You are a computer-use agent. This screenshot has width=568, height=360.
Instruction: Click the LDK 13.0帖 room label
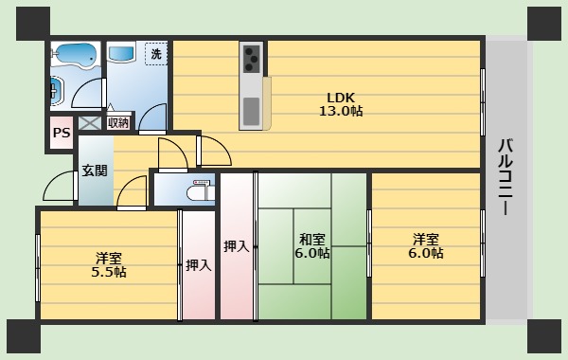click(x=340, y=103)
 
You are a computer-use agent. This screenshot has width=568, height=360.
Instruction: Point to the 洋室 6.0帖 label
click(x=426, y=245)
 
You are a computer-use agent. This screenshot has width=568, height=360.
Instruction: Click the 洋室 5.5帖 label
click(x=108, y=264)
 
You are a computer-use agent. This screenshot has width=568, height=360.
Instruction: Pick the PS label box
click(x=61, y=134)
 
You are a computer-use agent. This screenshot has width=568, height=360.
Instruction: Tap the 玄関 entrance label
click(x=94, y=171)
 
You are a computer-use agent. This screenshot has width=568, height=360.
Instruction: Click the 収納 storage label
click(x=117, y=122)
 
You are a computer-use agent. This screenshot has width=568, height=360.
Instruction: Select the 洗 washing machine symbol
click(x=155, y=54)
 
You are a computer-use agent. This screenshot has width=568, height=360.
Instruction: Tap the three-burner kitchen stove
click(x=252, y=59)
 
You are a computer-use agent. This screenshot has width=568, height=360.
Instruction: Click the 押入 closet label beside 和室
click(x=236, y=246)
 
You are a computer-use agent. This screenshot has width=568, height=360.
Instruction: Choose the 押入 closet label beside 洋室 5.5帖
click(x=198, y=265)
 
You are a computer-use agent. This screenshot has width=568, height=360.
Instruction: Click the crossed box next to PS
click(x=89, y=122)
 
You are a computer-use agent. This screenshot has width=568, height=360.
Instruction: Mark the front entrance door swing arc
click(x=59, y=187)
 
